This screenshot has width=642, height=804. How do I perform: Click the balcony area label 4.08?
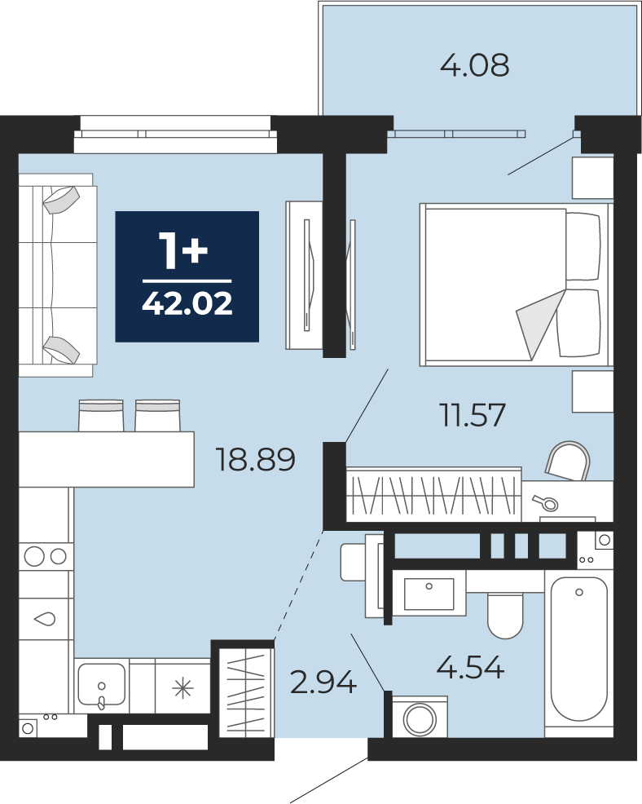pyautogui.click(x=474, y=65)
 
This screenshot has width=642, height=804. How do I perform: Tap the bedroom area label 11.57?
pyautogui.click(x=473, y=415)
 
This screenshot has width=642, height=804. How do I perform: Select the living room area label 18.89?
pyautogui.click(x=255, y=459)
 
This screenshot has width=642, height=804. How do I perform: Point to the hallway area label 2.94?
pyautogui.click(x=323, y=683)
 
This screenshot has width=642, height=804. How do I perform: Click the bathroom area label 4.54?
pyautogui.click(x=470, y=667)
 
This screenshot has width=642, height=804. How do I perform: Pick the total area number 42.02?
pyautogui.click(x=187, y=303)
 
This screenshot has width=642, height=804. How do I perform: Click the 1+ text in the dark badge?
pyautogui.click(x=183, y=250)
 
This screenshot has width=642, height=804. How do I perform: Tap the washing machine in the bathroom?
pyautogui.click(x=420, y=717)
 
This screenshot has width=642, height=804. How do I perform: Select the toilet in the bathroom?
pyautogui.click(x=506, y=616)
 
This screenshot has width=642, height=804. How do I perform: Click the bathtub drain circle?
pyautogui.click(x=579, y=592)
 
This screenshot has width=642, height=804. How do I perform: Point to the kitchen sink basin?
pyautogui.click(x=102, y=684)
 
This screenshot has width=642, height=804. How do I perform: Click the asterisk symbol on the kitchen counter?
pyautogui.click(x=182, y=687)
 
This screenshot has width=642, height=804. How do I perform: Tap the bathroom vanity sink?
pyautogui.click(x=429, y=594)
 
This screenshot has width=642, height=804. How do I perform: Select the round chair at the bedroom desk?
pyautogui.click(x=568, y=460)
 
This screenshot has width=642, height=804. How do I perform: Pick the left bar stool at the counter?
pyautogui.click(x=101, y=415)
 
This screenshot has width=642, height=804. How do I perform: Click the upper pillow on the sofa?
pyautogui.click(x=61, y=200)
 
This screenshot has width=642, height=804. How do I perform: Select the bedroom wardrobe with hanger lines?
pyautogui.click(x=434, y=494)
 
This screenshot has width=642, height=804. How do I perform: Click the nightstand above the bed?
pyautogui.click(x=593, y=178)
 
